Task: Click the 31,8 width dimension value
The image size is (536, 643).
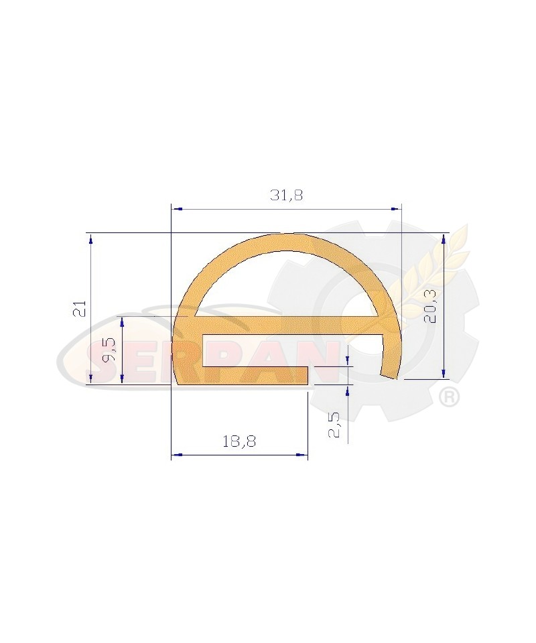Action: point(286,195)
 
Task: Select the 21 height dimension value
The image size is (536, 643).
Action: point(80,308)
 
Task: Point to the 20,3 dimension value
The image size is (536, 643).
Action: point(430,308)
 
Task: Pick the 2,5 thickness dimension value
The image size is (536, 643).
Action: point(334,425)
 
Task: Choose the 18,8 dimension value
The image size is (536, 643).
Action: point(239,441)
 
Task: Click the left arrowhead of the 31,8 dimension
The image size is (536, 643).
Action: point(176,209)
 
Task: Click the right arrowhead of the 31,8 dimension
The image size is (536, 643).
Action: point(396,209)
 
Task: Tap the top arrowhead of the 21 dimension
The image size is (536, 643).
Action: point(90,238)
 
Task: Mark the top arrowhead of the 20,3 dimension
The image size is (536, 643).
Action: point(444,238)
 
